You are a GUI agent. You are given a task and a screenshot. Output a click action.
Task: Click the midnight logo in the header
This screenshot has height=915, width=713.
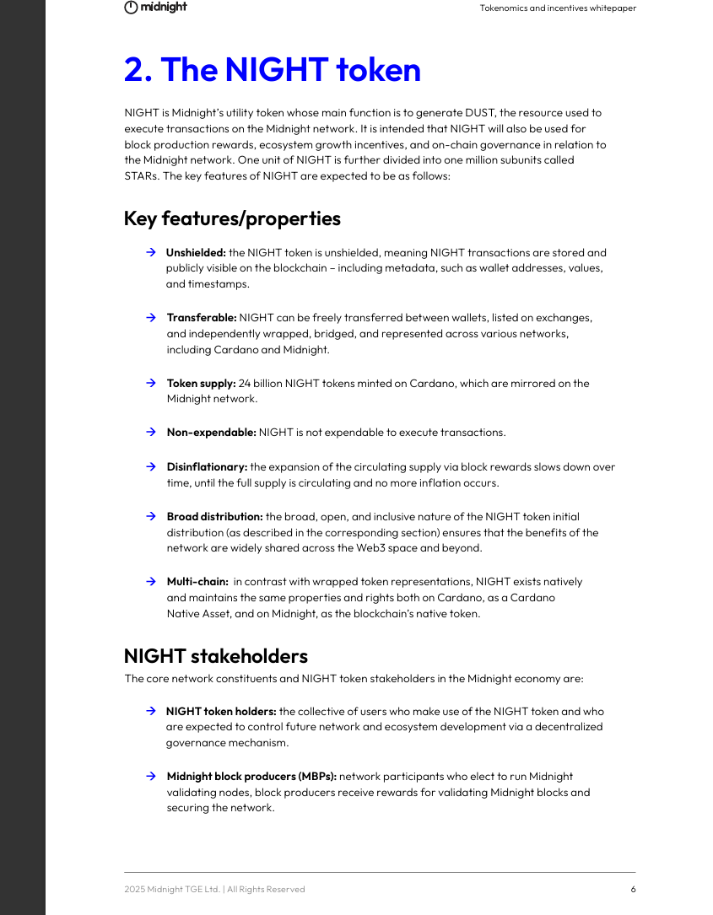[155, 8]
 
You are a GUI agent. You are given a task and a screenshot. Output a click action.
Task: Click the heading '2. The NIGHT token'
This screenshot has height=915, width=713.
[272, 69]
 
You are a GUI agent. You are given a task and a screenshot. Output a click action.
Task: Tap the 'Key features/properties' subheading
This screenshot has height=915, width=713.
[232, 218]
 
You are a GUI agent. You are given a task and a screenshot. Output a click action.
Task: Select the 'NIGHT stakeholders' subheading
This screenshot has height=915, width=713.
[215, 656]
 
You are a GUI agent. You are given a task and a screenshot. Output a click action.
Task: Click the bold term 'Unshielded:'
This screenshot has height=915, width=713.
[196, 252]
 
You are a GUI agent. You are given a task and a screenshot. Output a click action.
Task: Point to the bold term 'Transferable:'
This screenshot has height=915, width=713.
[202, 318]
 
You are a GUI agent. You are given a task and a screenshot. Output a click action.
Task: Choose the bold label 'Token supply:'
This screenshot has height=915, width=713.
[201, 383]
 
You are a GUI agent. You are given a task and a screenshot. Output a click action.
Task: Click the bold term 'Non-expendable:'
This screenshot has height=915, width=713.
[211, 433]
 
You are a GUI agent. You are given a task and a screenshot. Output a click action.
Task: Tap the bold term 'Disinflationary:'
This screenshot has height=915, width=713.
[207, 466]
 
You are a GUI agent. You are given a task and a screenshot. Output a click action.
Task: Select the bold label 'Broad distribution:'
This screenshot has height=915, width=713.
[214, 516]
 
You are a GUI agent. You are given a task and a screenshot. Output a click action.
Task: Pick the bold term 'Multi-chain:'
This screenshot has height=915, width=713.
[197, 582]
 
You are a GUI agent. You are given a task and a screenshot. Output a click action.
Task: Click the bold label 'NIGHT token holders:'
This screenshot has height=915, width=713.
[221, 711]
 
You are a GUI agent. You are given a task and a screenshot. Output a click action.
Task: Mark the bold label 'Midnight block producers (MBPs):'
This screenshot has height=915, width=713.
[251, 777]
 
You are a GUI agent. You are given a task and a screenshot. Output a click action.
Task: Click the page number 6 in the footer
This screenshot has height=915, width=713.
[633, 889]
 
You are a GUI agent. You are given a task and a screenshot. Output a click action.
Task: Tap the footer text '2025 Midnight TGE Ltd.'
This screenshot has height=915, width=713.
[172, 889]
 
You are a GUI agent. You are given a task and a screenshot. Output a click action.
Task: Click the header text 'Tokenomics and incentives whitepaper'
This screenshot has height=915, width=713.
[558, 8]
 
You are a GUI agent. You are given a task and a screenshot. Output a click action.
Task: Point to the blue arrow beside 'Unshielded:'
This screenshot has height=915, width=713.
[150, 252]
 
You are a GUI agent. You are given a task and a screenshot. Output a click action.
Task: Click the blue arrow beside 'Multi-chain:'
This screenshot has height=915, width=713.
[150, 582]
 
